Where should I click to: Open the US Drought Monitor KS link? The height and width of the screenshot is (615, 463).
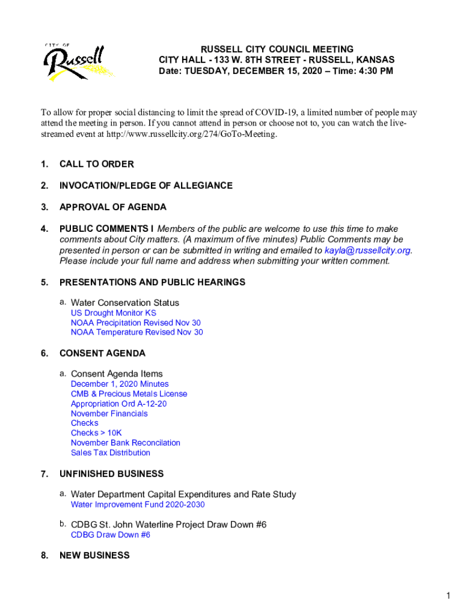point(113,313)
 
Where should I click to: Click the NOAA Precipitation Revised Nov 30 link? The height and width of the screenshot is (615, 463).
point(135,323)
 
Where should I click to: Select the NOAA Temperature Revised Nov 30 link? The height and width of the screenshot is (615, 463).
point(136,332)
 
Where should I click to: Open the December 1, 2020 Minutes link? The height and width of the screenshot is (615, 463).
point(120,384)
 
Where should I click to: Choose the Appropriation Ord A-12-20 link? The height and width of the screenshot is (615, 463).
point(118,404)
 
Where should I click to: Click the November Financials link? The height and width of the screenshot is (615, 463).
point(109,413)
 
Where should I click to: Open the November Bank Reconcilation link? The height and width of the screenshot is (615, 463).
point(125,443)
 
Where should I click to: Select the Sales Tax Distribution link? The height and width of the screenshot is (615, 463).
point(110,453)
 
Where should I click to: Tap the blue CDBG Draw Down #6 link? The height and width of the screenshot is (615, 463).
point(110,535)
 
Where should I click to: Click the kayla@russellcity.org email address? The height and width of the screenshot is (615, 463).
point(367,250)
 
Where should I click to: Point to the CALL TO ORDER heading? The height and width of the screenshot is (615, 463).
point(96,164)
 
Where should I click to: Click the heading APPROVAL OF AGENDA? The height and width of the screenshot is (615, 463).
point(112,207)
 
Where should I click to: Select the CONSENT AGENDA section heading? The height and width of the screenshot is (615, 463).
point(102,353)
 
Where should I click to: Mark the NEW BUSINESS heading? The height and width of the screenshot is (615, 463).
point(94,556)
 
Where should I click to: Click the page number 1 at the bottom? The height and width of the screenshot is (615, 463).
point(448,595)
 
